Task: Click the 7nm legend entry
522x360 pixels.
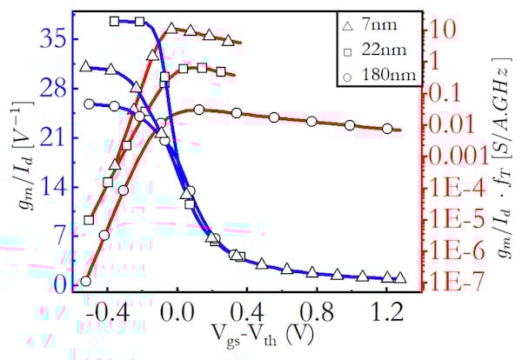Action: (379, 28)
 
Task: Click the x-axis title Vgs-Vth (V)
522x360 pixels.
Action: (253, 336)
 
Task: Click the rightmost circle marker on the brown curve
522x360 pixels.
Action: (388, 129)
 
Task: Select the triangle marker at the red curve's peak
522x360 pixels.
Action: (171, 29)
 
